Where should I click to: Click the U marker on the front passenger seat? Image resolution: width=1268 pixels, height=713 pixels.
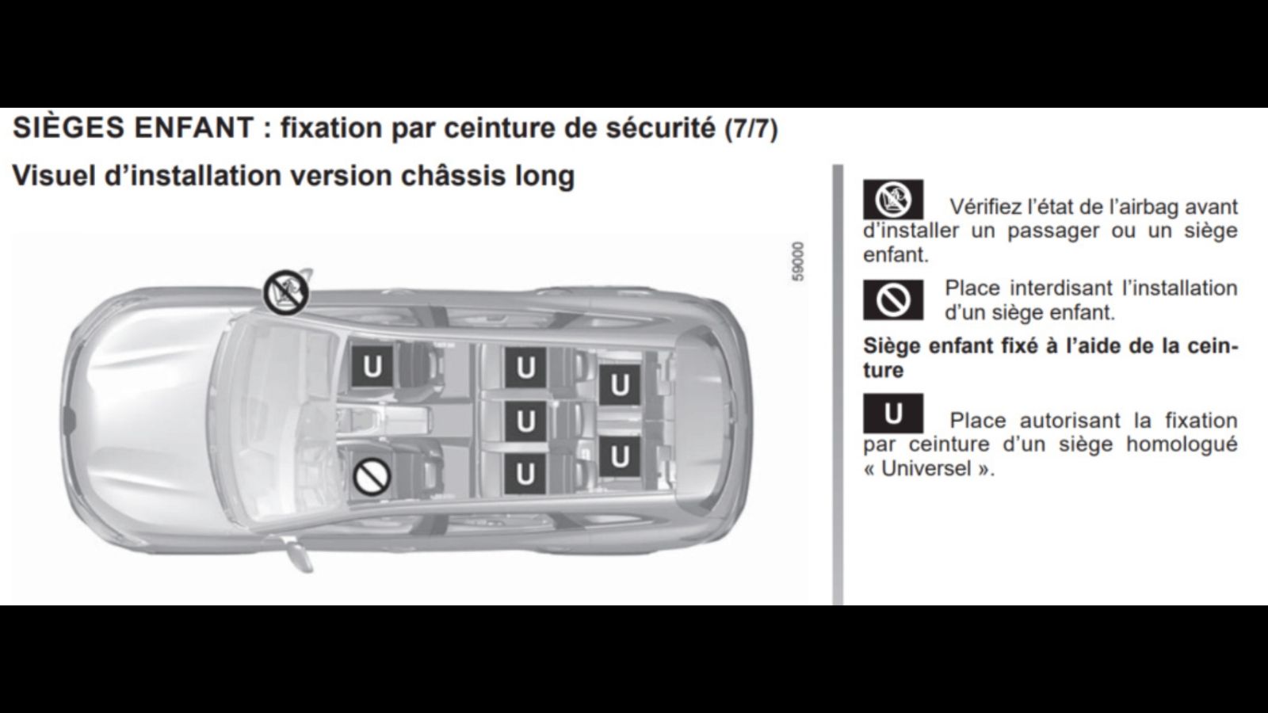(x=372, y=367)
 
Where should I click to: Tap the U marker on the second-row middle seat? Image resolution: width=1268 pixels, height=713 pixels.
(x=525, y=421)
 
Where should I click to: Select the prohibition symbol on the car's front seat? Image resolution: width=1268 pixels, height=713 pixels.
(x=372, y=476)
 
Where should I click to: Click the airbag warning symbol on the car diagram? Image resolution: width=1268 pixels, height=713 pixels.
(x=286, y=292)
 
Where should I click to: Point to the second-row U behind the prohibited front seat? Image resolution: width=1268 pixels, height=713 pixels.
(x=525, y=473)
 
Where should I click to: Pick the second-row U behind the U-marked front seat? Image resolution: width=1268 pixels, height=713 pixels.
(x=525, y=368)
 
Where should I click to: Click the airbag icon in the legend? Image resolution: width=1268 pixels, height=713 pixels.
(x=892, y=200)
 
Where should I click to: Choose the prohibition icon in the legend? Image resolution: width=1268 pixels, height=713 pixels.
(x=892, y=300)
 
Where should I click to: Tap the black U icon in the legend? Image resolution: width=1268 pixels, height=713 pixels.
(x=892, y=414)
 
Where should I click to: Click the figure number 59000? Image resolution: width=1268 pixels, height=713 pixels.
(x=797, y=262)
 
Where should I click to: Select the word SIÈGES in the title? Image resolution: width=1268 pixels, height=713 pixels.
(x=68, y=127)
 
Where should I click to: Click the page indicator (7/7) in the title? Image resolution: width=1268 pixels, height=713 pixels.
(x=751, y=129)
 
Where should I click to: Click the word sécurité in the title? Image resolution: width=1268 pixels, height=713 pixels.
(x=661, y=128)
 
